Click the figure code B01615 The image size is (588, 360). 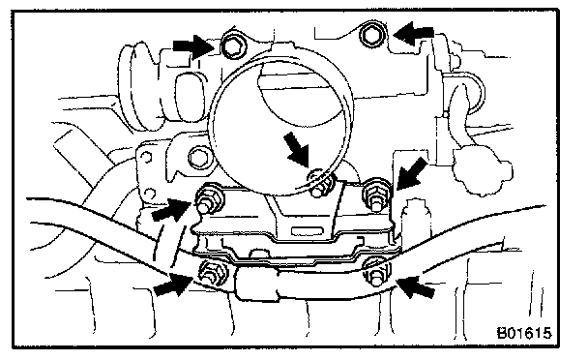pyautogui.click(x=524, y=333)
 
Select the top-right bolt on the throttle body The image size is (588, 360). pyautogui.click(x=372, y=35)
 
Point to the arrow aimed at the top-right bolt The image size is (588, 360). pyautogui.click(x=414, y=34)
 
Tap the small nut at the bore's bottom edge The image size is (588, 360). pyautogui.click(x=321, y=183)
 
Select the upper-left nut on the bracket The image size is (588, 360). pyautogui.click(x=209, y=198)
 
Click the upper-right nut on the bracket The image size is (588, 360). pyautogui.click(x=377, y=195)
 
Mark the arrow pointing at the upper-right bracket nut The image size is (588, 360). pyautogui.click(x=412, y=173)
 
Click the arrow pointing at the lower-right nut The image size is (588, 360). pyautogui.click(x=416, y=286)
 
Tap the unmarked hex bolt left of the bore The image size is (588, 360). pyautogui.click(x=199, y=157)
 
